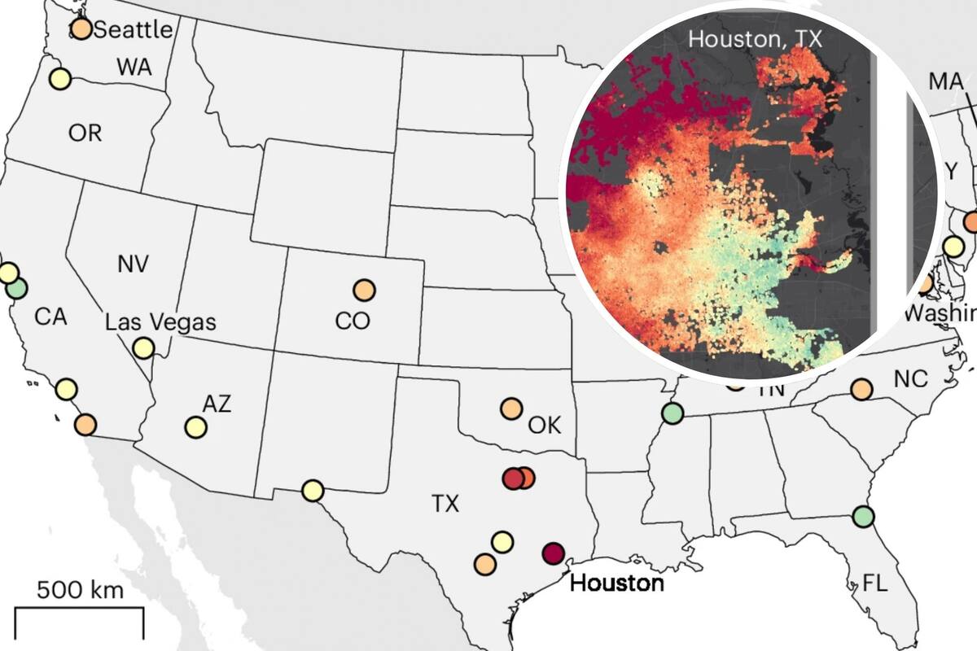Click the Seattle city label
134,30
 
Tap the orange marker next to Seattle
81,29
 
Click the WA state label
134,68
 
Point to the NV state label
133,264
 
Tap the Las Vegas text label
160,321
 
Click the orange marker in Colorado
364,289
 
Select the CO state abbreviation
353,321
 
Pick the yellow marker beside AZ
195,426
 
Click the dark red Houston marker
554,553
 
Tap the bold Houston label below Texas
616,583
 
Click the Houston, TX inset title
756,38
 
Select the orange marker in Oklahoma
510,409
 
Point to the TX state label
445,505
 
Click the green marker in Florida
863,516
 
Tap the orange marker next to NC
861,389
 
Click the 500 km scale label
80,589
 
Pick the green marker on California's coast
16,287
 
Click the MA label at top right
945,81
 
